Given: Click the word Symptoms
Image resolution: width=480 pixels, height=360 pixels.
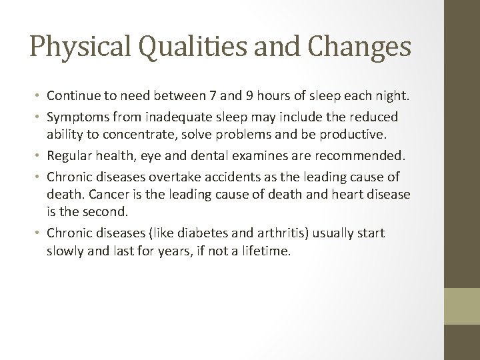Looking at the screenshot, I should point(79,117).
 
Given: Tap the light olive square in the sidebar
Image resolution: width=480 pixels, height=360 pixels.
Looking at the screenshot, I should point(462,306).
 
